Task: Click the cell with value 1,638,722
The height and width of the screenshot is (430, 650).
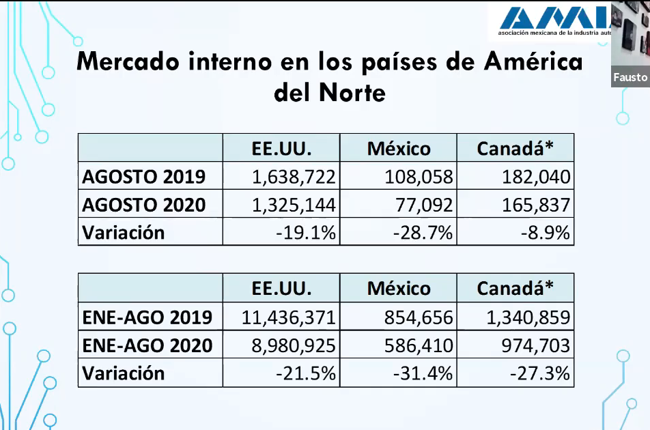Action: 294,177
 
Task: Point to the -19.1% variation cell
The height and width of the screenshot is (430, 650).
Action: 306,233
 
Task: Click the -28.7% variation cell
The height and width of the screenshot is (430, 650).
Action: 423,233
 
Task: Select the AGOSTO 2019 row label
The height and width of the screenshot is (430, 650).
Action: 144,177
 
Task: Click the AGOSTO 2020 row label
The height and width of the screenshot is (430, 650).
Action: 144,205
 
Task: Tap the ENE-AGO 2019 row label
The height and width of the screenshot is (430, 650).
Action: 147,317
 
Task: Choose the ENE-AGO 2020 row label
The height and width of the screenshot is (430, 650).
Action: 147,345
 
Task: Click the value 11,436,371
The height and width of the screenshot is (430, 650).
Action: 288,317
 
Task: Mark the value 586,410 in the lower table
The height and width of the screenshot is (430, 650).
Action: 419,345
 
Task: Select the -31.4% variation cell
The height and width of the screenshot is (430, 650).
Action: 423,373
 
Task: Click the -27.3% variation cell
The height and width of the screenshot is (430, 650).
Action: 540,373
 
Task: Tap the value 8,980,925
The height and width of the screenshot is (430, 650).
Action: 294,345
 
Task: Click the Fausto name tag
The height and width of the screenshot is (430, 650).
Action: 630,78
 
